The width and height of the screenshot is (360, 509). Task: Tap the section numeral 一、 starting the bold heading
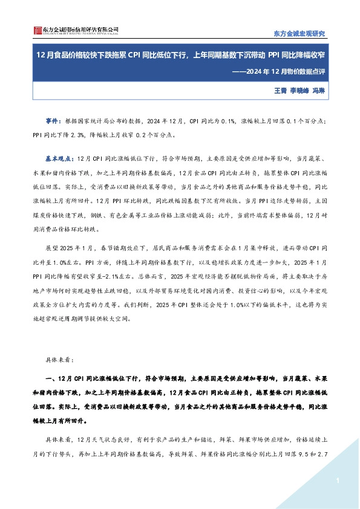point(51,379)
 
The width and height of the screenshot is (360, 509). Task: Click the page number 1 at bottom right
point(336,480)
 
